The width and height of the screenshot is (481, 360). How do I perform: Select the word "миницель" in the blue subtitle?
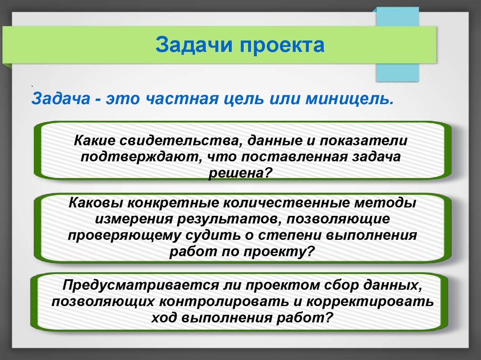pos(349,99)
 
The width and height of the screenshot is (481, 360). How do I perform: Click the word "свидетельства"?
pos(179,141)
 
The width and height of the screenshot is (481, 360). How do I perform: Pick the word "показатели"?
pos(364,141)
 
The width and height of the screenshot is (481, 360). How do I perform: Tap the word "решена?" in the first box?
pos(240,174)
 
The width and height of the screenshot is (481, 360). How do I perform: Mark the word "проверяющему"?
pos(124,236)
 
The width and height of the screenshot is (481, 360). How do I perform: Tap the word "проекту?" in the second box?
pos(279,252)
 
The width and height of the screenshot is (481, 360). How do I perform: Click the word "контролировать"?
pos(224,302)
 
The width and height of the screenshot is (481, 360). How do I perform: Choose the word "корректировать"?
pos(370,302)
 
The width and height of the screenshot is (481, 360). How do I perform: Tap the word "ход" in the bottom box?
pos(163,318)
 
